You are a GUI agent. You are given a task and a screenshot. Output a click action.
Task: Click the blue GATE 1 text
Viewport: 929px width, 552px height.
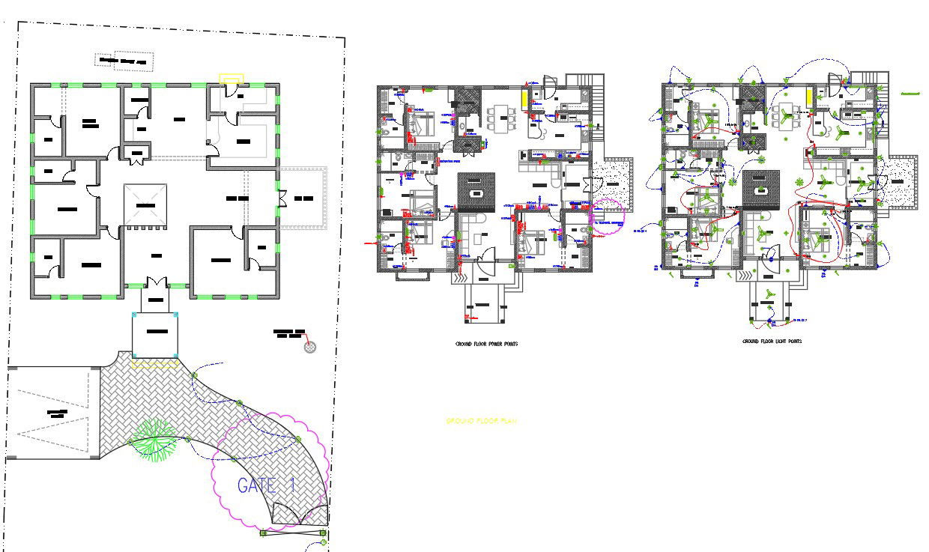pos(266,485)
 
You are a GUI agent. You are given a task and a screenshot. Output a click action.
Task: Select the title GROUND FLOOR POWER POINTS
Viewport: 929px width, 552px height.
pos(486,344)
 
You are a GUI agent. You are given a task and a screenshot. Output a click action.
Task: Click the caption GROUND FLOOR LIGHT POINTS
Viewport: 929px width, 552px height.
pos(772,341)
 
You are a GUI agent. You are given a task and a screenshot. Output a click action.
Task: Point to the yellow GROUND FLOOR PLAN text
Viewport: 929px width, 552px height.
pos(481,422)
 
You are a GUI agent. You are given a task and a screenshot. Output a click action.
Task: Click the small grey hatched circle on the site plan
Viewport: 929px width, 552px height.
pos(311,347)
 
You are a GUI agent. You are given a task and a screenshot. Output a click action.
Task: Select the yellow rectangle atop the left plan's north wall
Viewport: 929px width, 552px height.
pos(231,77)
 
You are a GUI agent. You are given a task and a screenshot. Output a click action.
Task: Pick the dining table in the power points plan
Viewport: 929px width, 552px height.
pos(500,118)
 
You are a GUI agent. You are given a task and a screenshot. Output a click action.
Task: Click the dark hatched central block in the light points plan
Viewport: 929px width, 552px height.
pos(761,187)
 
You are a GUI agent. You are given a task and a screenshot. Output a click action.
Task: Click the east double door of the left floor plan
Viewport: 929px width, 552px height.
pos(282,199)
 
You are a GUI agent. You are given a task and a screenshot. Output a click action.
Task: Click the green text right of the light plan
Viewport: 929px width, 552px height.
pos(910,94)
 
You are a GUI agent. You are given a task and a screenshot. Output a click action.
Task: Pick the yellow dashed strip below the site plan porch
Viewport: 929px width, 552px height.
pos(155,364)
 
